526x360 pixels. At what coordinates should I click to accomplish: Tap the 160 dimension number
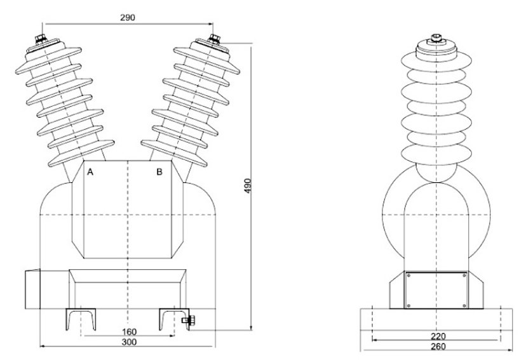[x=129, y=332]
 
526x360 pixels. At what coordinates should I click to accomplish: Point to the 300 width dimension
[x=129, y=342]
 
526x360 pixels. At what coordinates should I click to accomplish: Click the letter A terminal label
[x=91, y=172]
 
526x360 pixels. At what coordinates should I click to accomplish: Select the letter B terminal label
[x=159, y=171]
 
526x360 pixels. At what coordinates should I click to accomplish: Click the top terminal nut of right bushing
[x=214, y=39]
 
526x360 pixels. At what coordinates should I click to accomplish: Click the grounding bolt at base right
[x=188, y=321]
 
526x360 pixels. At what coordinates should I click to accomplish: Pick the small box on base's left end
[x=32, y=290]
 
